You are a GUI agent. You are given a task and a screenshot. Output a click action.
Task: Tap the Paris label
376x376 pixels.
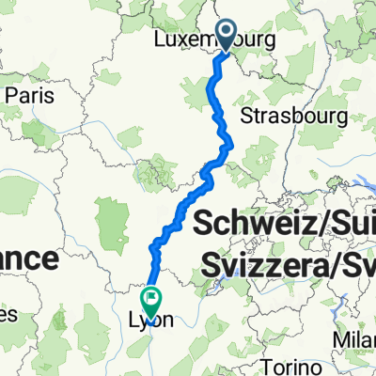[x=33, y=96]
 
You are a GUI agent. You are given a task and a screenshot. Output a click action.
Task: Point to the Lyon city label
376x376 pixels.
[x=151, y=320]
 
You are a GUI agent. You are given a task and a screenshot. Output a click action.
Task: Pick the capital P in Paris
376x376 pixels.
[x=11, y=96]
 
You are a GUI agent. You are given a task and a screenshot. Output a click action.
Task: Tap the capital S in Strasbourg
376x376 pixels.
[x=247, y=116]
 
